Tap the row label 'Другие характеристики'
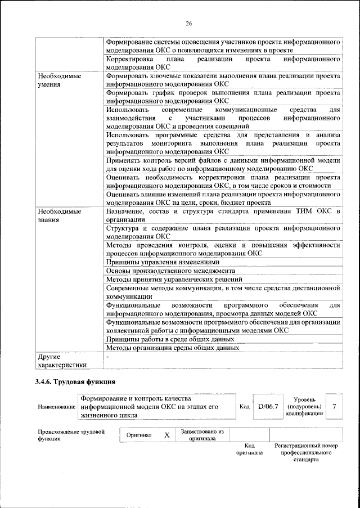[x=60, y=361]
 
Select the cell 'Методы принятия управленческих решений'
[x=174, y=278]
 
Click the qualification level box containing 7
[x=335, y=406]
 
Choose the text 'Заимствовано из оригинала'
[x=202, y=435]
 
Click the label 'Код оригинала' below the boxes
[x=249, y=449]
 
